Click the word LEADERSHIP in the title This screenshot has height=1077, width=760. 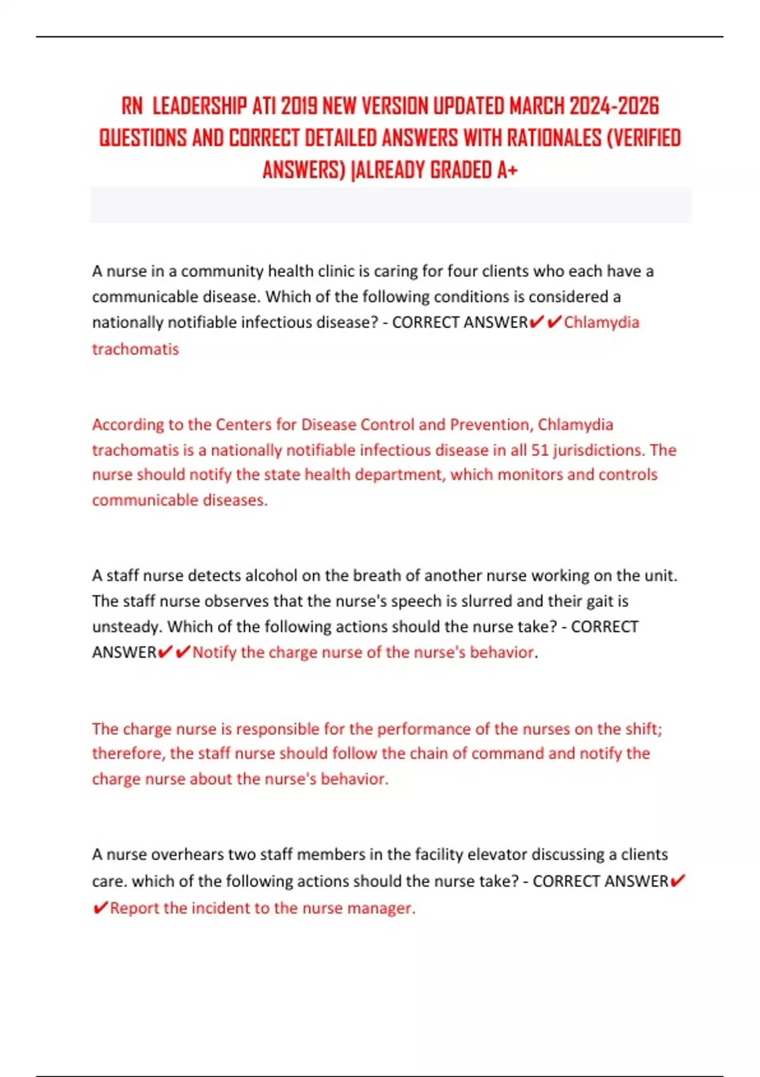200,106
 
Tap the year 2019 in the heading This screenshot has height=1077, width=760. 299,106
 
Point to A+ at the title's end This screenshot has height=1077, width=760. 507,170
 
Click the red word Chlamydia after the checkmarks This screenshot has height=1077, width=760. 601,322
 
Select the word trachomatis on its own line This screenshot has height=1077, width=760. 135,349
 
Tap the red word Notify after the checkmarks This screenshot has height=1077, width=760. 215,653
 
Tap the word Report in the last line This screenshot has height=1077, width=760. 134,908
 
